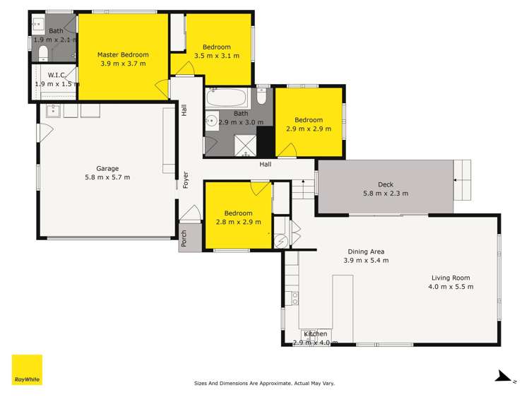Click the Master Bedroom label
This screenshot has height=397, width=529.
124,54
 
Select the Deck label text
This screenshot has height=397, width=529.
386,184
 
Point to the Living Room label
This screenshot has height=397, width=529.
450,278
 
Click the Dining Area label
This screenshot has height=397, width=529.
366,251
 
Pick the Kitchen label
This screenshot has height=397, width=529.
315,334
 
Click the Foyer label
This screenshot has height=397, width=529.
186,179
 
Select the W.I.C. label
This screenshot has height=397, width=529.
57,75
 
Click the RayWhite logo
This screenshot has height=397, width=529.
27,369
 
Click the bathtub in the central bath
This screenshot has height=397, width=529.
227,97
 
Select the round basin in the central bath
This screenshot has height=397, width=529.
210,122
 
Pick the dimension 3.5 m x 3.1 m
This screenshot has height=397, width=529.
216,55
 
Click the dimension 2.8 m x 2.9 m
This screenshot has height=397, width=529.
239,222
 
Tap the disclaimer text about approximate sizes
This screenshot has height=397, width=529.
264,383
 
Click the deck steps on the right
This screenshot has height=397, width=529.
462,179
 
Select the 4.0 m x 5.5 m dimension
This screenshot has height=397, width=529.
450,287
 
